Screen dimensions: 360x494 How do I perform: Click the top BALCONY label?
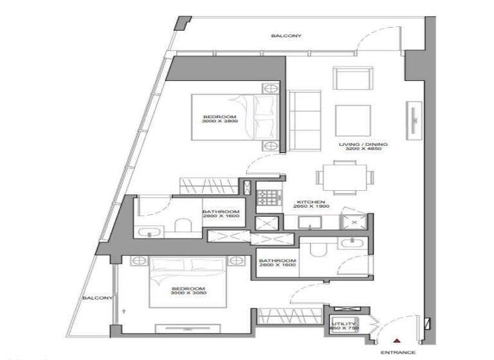pos(286,37)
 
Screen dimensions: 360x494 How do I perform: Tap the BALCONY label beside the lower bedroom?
pos(97,298)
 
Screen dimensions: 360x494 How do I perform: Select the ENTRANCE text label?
pos(395,353)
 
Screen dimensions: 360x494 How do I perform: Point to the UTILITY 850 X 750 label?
pos(343,326)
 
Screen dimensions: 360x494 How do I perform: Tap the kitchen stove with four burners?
pos(266,198)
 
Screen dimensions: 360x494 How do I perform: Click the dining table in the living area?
pos(342,176)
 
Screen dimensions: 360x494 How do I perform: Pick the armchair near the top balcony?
pos(352,78)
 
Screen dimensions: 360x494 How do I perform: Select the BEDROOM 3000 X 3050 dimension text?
pos(188,291)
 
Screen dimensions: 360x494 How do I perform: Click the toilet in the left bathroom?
pos(184,225)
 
